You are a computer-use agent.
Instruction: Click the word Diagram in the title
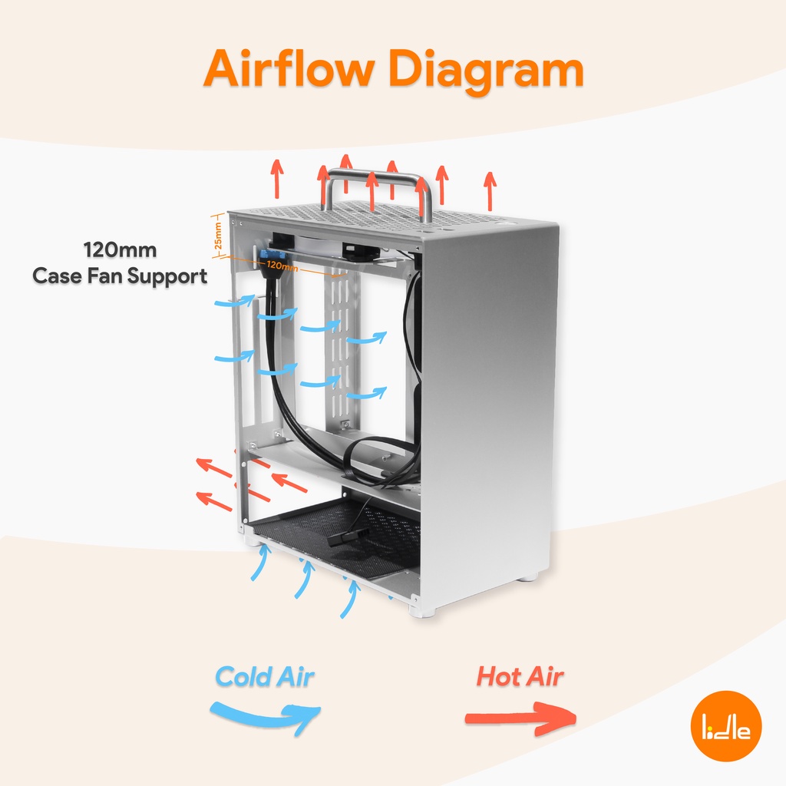coord(486,71)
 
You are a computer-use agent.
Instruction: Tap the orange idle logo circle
coord(726,725)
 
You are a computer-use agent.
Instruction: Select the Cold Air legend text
coord(265,677)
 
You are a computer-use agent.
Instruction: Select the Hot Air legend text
coord(520,677)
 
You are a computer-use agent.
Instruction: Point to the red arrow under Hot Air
coord(520,718)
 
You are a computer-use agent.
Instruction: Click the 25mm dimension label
coord(217,236)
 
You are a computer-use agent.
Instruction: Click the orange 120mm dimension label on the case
coord(282,266)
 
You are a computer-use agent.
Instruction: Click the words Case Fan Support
coord(120,276)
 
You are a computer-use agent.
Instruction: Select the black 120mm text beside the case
coord(120,249)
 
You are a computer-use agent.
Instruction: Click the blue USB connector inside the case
coord(271,256)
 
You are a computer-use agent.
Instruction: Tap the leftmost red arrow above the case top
coord(276,178)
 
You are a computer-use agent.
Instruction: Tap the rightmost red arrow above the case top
coord(490,191)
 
